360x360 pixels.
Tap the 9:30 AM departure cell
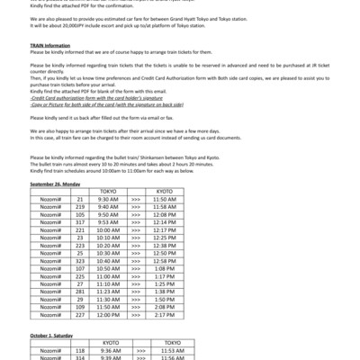(108, 199)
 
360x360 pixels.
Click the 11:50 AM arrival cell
(164, 199)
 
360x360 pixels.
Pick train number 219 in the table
(80, 207)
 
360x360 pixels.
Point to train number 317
(80, 222)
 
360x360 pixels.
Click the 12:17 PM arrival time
(164, 230)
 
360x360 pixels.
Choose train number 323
(80, 261)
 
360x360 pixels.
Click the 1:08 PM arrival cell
(164, 269)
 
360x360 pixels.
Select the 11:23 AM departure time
(108, 292)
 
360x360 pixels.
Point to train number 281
(80, 292)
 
